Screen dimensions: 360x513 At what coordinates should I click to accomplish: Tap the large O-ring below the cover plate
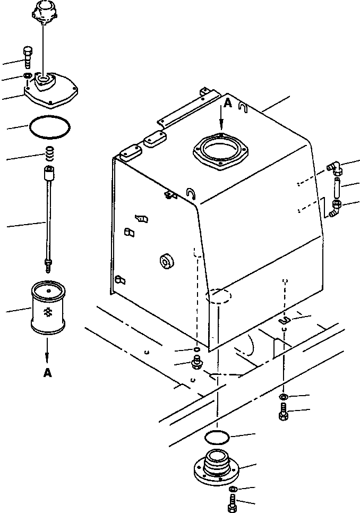pos(49,127)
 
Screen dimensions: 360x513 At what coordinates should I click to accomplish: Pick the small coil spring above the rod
pos(49,154)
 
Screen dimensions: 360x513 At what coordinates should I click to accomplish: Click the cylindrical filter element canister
pos(48,308)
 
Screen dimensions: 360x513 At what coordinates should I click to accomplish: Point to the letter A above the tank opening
pos(228,104)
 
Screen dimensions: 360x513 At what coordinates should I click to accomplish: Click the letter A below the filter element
pos(48,373)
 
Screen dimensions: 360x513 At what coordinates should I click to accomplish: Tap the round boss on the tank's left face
pos(167,261)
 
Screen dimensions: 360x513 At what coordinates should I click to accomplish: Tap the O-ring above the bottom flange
pos(216,438)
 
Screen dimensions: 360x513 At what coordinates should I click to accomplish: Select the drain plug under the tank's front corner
pos(196,362)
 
